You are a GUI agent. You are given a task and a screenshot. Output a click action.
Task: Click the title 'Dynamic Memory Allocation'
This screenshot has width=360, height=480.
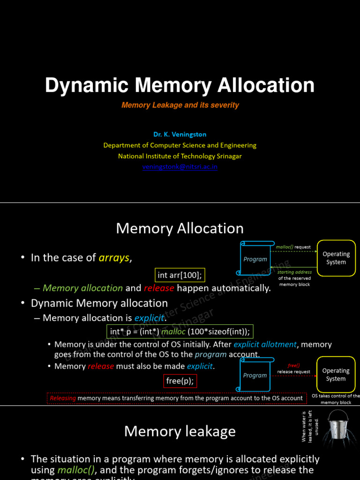(180, 86)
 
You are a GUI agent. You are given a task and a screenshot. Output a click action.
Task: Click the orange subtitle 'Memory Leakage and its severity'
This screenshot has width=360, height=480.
(180, 105)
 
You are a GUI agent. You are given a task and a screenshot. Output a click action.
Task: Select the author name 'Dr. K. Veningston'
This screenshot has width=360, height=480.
(180, 135)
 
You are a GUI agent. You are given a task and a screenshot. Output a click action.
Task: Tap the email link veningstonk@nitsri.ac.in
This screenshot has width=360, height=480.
(180, 166)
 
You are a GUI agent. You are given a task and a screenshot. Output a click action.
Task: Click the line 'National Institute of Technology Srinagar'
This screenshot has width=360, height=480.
(180, 156)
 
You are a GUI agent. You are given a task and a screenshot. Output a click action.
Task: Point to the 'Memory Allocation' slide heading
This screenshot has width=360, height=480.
(180, 228)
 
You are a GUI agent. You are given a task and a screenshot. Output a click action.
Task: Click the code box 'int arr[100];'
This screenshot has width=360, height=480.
(180, 275)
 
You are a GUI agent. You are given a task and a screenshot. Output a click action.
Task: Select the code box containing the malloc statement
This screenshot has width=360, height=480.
(180, 332)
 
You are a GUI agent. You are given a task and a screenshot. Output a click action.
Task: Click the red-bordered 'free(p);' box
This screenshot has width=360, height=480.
(180, 381)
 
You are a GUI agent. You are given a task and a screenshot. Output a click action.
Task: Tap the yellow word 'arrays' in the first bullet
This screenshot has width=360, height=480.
(114, 258)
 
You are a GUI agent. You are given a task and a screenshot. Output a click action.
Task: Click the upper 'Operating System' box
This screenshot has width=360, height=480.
(336, 258)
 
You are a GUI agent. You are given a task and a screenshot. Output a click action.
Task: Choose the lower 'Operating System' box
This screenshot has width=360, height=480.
(336, 375)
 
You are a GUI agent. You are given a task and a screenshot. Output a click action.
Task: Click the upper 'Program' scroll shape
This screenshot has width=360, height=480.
(255, 259)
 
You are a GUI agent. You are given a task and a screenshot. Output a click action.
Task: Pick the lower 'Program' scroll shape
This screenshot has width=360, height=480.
(255, 375)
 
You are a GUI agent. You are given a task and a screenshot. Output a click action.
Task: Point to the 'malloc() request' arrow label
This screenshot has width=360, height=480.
(293, 247)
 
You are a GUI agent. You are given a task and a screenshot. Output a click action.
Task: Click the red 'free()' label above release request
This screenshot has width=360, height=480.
(293, 366)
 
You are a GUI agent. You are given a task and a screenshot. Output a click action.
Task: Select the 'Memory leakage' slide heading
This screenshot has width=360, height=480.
(180, 431)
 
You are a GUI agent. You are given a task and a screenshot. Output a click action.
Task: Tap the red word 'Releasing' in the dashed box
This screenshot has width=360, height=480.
(63, 398)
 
